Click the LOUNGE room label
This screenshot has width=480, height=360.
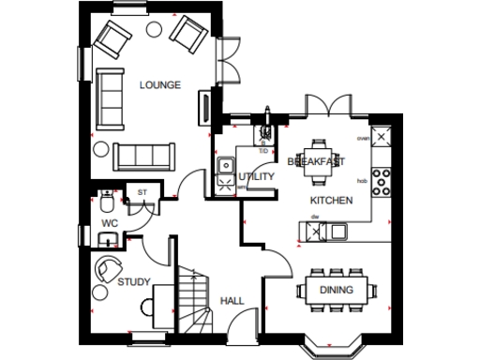tap(158, 85)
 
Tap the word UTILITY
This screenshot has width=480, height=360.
tap(256, 175)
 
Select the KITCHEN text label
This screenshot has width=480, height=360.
tap(331, 201)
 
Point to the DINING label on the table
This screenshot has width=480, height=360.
tap(336, 290)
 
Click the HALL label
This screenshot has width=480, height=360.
tap(232, 300)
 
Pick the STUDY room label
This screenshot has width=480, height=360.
tap(133, 281)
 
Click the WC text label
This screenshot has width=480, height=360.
tap(110, 223)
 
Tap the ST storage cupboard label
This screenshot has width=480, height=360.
tap(142, 194)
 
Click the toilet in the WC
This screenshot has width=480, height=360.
tap(109, 202)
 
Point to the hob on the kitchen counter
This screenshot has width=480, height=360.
tap(382, 181)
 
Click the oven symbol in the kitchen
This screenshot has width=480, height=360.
tap(381, 136)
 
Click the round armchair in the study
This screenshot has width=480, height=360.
tap(109, 267)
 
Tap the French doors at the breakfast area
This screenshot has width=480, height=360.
tap(327, 109)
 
